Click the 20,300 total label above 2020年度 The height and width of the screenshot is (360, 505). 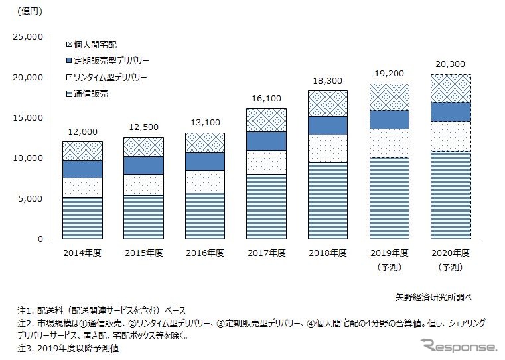tap(451, 64)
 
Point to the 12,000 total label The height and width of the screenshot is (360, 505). tap(82, 131)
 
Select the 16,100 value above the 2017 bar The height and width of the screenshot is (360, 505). tap(266, 98)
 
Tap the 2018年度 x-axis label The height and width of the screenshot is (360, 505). tap(328, 253)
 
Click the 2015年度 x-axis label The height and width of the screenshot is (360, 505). tap(143, 253)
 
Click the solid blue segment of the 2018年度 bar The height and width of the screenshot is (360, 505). tap(328, 125)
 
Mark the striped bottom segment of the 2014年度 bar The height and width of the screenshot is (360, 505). tap(82, 217)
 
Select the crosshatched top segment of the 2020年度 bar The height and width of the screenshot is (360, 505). tap(451, 88)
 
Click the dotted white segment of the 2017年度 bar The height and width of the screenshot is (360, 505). tap(266, 162)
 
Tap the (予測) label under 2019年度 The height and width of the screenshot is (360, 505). tap(390, 267)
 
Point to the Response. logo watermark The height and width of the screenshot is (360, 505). tap(457, 345)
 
